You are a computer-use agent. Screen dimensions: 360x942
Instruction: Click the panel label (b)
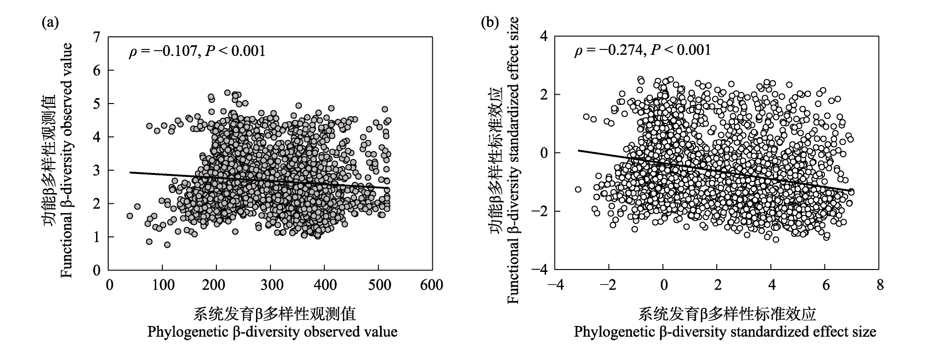(x=490, y=22)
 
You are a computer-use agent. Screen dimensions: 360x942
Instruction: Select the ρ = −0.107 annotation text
(x=197, y=51)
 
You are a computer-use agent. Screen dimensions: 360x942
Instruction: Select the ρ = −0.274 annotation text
(x=642, y=50)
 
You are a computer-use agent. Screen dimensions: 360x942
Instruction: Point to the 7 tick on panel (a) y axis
(x=97, y=37)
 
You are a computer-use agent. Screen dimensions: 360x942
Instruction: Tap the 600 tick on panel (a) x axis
(x=431, y=285)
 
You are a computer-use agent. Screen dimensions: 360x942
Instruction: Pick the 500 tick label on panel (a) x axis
(x=378, y=285)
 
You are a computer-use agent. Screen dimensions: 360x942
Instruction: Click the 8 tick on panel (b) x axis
(x=880, y=285)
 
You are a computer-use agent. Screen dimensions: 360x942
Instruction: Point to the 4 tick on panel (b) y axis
(x=544, y=36)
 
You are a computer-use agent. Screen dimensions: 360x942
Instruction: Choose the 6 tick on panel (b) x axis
(x=825, y=285)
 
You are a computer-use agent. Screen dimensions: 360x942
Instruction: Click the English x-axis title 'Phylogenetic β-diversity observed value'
(x=272, y=332)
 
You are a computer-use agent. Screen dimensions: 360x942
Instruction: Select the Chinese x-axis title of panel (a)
(x=275, y=314)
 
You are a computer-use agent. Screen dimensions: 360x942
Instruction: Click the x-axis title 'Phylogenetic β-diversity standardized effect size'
(x=725, y=332)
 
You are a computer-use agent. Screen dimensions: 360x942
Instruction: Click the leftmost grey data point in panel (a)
(x=130, y=216)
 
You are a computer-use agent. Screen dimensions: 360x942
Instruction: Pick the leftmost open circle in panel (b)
(x=578, y=189)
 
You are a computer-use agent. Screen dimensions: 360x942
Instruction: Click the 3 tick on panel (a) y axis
(x=97, y=170)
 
